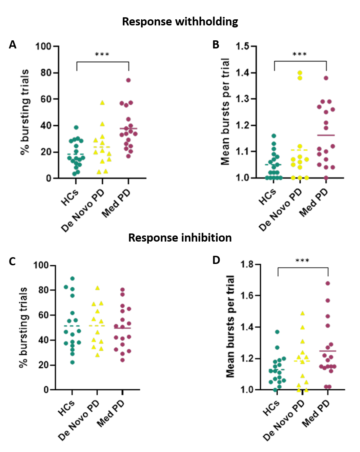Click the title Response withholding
click(180, 22)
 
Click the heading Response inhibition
click(180, 238)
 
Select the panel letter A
click(13, 45)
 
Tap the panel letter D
click(216, 260)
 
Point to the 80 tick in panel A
click(46, 73)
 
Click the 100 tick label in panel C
click(41, 265)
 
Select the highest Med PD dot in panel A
click(128, 80)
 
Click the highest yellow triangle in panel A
click(102, 103)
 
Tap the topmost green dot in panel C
click(72, 279)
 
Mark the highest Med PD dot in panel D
click(328, 283)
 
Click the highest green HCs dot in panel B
click(274, 136)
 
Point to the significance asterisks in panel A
click(102, 55)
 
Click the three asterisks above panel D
click(302, 261)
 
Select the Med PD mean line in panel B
click(326, 135)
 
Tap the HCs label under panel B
click(267, 197)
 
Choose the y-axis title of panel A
click(25, 112)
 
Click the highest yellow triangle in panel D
click(302, 313)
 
